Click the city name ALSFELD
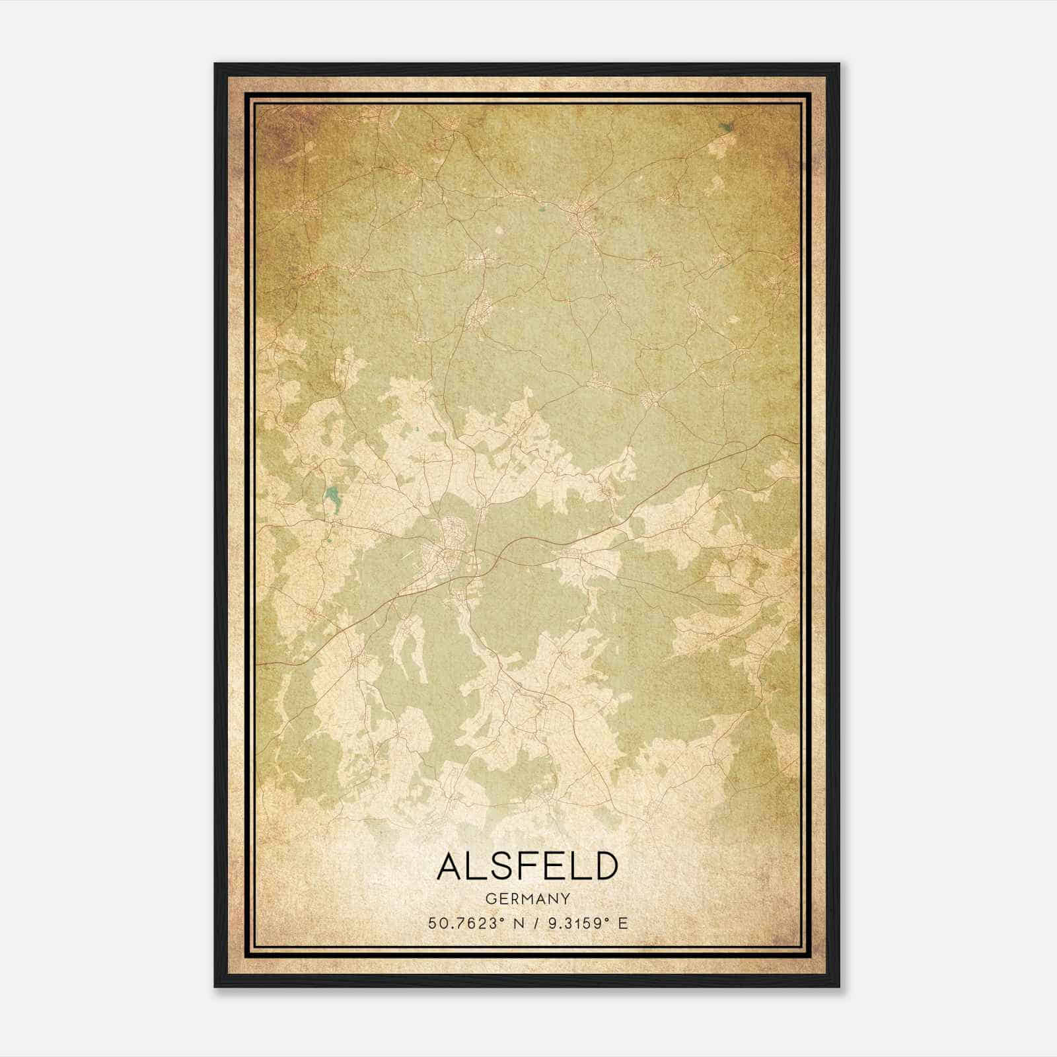[x=527, y=866]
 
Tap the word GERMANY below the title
[x=527, y=898]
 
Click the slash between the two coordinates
[x=536, y=923]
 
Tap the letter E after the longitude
[x=622, y=923]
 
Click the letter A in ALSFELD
[x=450, y=866]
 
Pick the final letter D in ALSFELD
[x=605, y=866]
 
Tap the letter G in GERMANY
[x=489, y=898]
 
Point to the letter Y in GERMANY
[x=565, y=898]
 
